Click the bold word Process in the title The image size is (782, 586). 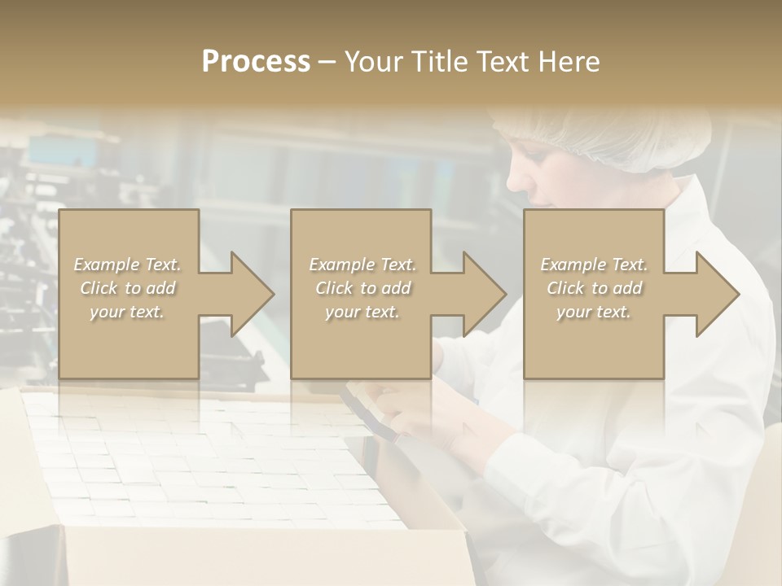coord(256,62)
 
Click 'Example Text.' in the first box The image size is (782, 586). coord(128,265)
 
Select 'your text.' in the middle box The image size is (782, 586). coord(362,312)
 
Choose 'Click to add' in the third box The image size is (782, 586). coord(594,288)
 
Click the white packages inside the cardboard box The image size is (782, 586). coord(204,464)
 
